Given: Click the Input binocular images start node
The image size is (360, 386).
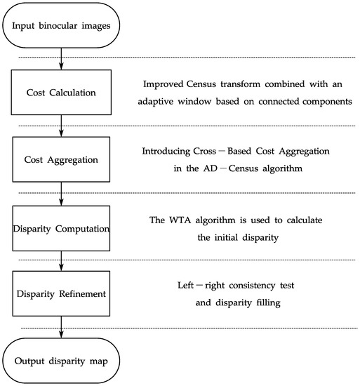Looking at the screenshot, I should (62, 26).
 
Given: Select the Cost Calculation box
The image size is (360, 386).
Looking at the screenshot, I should (62, 91).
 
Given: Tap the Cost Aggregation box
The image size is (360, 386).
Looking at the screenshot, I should (62, 159).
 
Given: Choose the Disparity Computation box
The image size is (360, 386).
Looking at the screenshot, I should (62, 226).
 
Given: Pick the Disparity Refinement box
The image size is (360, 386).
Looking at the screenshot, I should (62, 293).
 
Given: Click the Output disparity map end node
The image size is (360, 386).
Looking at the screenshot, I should (62, 360).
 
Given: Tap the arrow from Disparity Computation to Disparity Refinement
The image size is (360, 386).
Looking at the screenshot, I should (62, 260).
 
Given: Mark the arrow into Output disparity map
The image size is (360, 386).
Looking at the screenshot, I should (62, 327).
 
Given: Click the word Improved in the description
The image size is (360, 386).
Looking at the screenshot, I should (162, 85).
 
